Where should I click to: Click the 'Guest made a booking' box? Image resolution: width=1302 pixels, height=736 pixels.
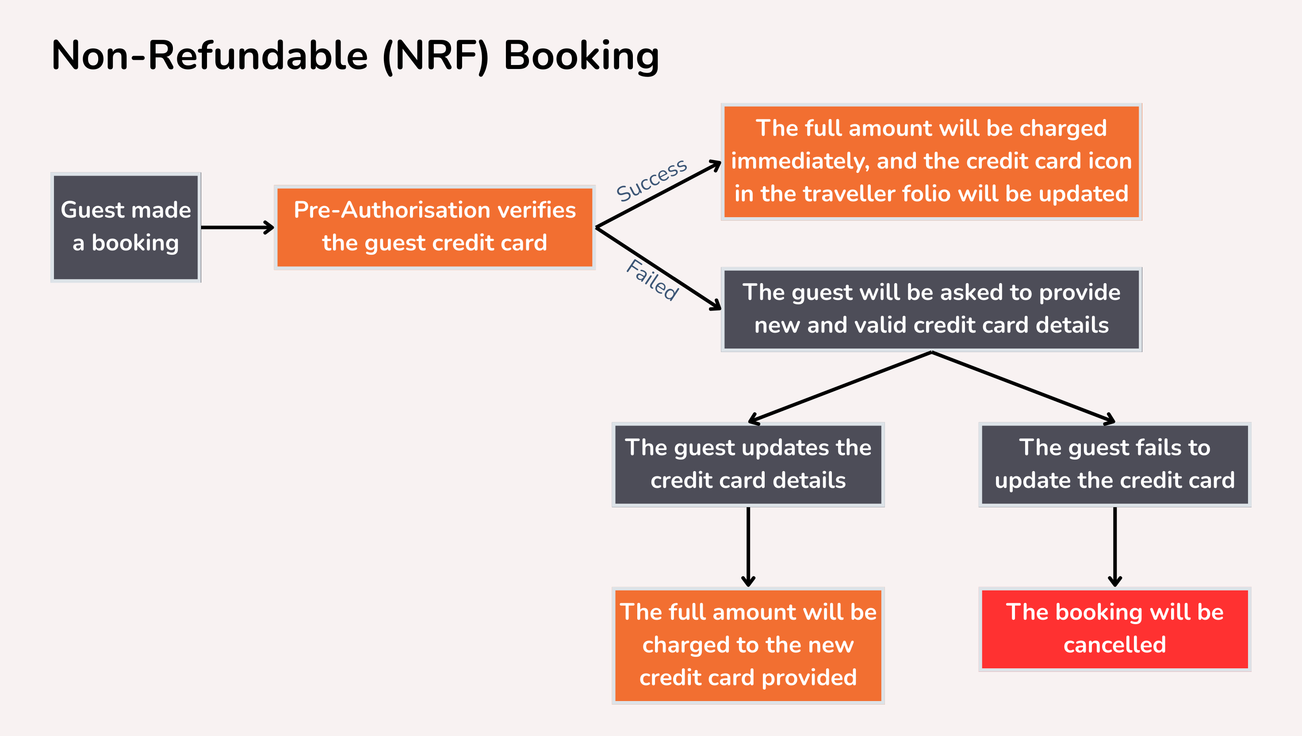point(126,227)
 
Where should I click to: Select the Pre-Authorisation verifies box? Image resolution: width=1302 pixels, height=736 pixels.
point(435,227)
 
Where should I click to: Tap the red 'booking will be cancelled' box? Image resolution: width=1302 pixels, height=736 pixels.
point(1114,629)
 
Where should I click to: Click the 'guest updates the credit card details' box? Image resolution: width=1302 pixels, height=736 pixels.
point(748,464)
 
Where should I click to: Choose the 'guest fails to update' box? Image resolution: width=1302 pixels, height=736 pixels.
point(1114,464)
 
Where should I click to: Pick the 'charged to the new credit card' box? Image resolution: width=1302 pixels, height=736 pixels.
point(748,645)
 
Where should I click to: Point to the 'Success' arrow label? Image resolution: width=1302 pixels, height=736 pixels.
point(651,180)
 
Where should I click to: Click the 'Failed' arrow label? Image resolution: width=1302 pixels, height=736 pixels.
point(652,280)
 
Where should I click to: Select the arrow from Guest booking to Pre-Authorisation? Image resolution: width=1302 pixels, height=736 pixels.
point(237,227)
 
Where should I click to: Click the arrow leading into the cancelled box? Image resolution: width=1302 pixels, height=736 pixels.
point(1114,546)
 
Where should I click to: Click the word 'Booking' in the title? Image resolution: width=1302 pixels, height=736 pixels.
point(581,56)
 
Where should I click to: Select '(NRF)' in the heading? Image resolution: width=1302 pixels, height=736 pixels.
point(436,56)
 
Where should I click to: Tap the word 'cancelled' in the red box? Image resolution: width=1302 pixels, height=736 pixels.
point(1114,645)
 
